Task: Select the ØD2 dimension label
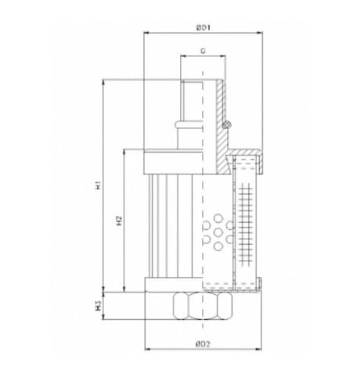pyautogui.click(x=203, y=343)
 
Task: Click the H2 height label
pyautogui.click(x=118, y=221)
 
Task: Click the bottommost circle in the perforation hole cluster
pyautogui.click(x=218, y=246)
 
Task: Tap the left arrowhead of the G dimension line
pyautogui.click(x=182, y=58)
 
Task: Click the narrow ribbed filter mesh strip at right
pyautogui.click(x=249, y=223)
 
